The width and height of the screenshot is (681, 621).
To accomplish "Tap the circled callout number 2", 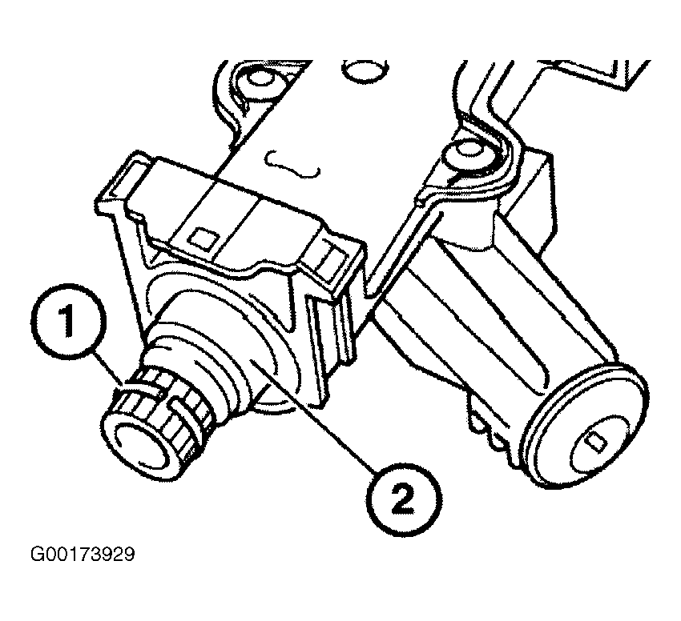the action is pos(405,499).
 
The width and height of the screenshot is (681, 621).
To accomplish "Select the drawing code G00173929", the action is pos(83,554).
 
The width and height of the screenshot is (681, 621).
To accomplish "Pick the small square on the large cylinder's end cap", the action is pos(594,441).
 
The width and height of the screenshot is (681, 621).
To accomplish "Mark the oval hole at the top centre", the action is pos(365,70).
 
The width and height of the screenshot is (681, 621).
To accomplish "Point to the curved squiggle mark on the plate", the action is pos(292,165).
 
